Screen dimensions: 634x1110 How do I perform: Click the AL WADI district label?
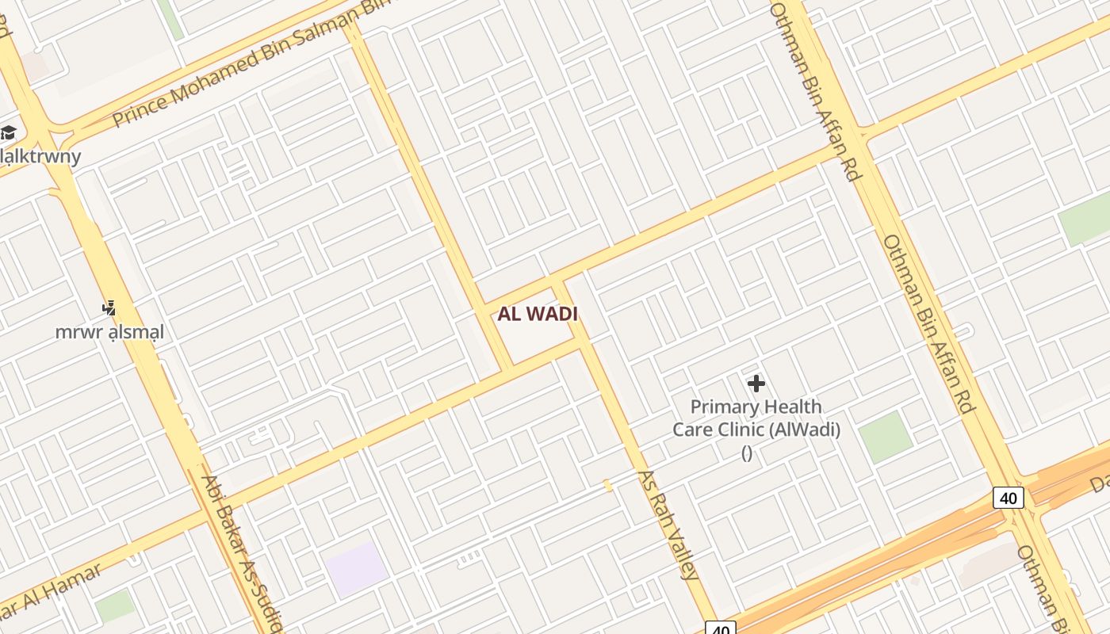coord(538,314)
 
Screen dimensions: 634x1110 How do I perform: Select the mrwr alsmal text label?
coord(109,332)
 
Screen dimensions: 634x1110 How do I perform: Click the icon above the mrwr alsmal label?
coord(109,308)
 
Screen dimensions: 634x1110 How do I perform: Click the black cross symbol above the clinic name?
coord(756,384)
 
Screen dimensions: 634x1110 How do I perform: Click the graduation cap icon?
coord(9,132)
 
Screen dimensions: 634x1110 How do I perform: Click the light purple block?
coord(356,568)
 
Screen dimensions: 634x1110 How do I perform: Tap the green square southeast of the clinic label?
coord(886,436)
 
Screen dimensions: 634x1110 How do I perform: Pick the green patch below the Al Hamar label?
coord(115,605)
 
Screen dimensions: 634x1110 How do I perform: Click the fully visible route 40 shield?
coord(1009,498)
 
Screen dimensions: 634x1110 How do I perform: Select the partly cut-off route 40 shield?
coord(720,628)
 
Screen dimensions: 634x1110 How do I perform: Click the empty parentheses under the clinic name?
coord(746,453)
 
